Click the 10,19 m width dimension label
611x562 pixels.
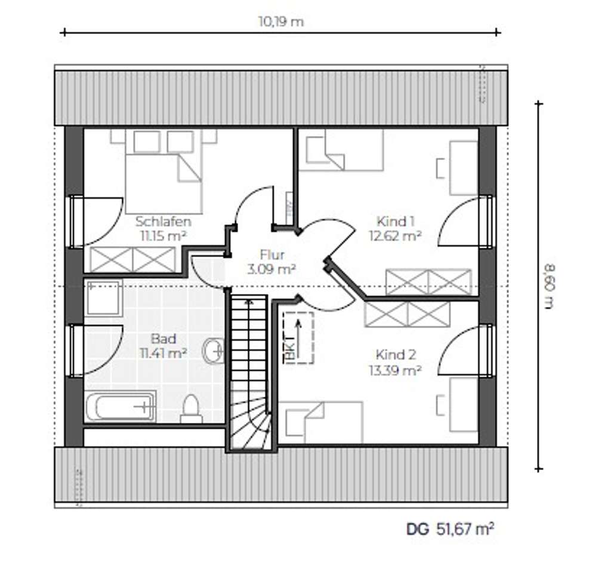click(280, 22)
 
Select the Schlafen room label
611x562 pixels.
click(163, 222)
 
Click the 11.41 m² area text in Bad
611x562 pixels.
click(163, 353)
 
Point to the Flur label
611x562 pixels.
click(272, 256)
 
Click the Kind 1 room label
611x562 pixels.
click(396, 222)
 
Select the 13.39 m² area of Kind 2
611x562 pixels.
click(396, 370)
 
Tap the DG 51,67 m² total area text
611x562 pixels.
click(450, 529)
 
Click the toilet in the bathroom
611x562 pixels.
click(191, 409)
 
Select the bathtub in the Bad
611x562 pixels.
click(120, 407)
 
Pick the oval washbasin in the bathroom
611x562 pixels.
click(213, 351)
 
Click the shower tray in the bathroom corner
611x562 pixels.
click(103, 297)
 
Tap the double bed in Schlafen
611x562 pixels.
click(163, 173)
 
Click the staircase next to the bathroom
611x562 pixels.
click(249, 370)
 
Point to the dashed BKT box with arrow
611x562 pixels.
click(298, 338)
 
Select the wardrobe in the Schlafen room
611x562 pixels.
click(132, 260)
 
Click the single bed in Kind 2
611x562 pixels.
click(322, 422)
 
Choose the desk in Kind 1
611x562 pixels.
click(463, 168)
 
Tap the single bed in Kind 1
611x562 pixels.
click(341, 150)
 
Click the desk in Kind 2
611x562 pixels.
click(463, 404)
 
